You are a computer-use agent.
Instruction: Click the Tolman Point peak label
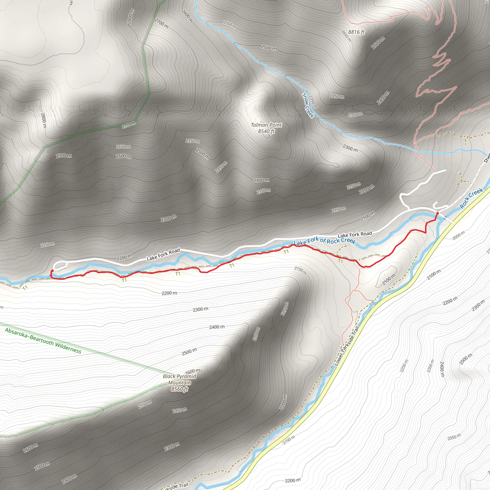click(266, 125)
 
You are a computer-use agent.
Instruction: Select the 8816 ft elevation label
click(356, 32)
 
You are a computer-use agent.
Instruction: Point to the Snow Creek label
click(308, 105)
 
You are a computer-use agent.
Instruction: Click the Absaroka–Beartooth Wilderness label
click(43, 341)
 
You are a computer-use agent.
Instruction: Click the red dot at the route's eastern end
click(437, 213)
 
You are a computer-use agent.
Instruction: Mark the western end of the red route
click(52, 271)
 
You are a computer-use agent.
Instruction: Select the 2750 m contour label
click(129, 125)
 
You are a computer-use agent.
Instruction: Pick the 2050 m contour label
click(459, 235)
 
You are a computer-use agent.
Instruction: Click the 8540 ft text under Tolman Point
click(266, 131)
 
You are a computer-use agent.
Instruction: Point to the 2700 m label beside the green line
click(64, 156)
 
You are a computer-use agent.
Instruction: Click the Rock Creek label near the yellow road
click(471, 195)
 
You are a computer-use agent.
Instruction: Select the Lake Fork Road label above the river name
click(355, 234)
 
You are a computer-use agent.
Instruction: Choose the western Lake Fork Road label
click(163, 254)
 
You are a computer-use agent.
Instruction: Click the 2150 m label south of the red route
click(301, 270)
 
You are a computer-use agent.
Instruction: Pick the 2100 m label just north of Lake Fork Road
click(367, 216)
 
